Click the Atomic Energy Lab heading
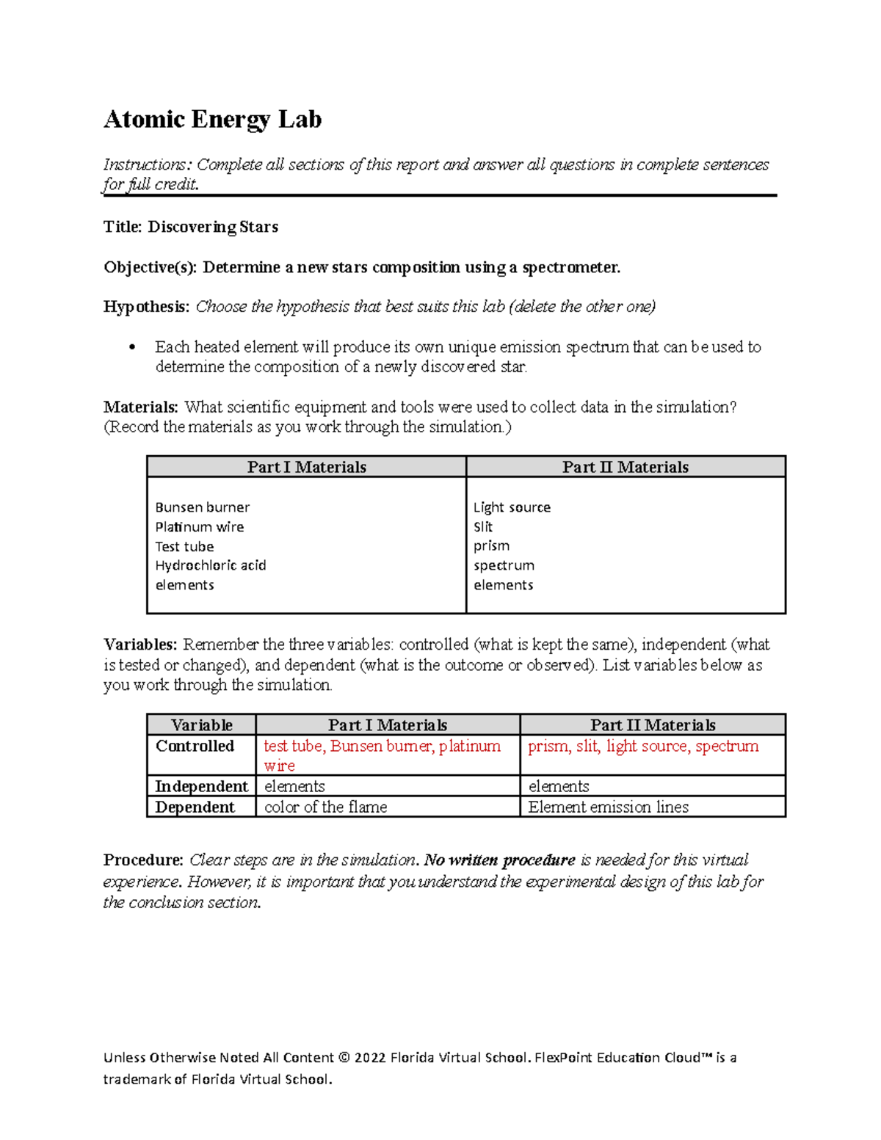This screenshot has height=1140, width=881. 212,119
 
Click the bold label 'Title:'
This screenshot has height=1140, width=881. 123,227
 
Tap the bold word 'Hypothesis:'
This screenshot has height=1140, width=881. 146,307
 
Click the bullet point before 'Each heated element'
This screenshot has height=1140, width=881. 132,348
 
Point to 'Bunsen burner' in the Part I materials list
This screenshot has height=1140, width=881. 202,507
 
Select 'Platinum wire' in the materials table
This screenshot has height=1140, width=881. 199,527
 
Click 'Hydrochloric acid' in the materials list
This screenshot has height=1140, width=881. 210,565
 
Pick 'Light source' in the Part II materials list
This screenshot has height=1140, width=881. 512,507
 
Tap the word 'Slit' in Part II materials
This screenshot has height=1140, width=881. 483,527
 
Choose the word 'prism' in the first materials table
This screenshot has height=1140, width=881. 491,546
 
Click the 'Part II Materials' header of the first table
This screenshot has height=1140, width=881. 626,467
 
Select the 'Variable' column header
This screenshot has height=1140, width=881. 201,725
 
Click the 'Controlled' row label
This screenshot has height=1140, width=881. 195,746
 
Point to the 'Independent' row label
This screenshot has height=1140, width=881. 201,786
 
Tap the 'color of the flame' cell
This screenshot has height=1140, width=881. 325,807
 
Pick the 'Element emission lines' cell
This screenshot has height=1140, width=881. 608,807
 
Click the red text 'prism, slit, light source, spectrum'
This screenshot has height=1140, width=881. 643,746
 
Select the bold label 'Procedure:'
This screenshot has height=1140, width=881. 143,860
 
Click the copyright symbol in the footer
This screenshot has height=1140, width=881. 344,1058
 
